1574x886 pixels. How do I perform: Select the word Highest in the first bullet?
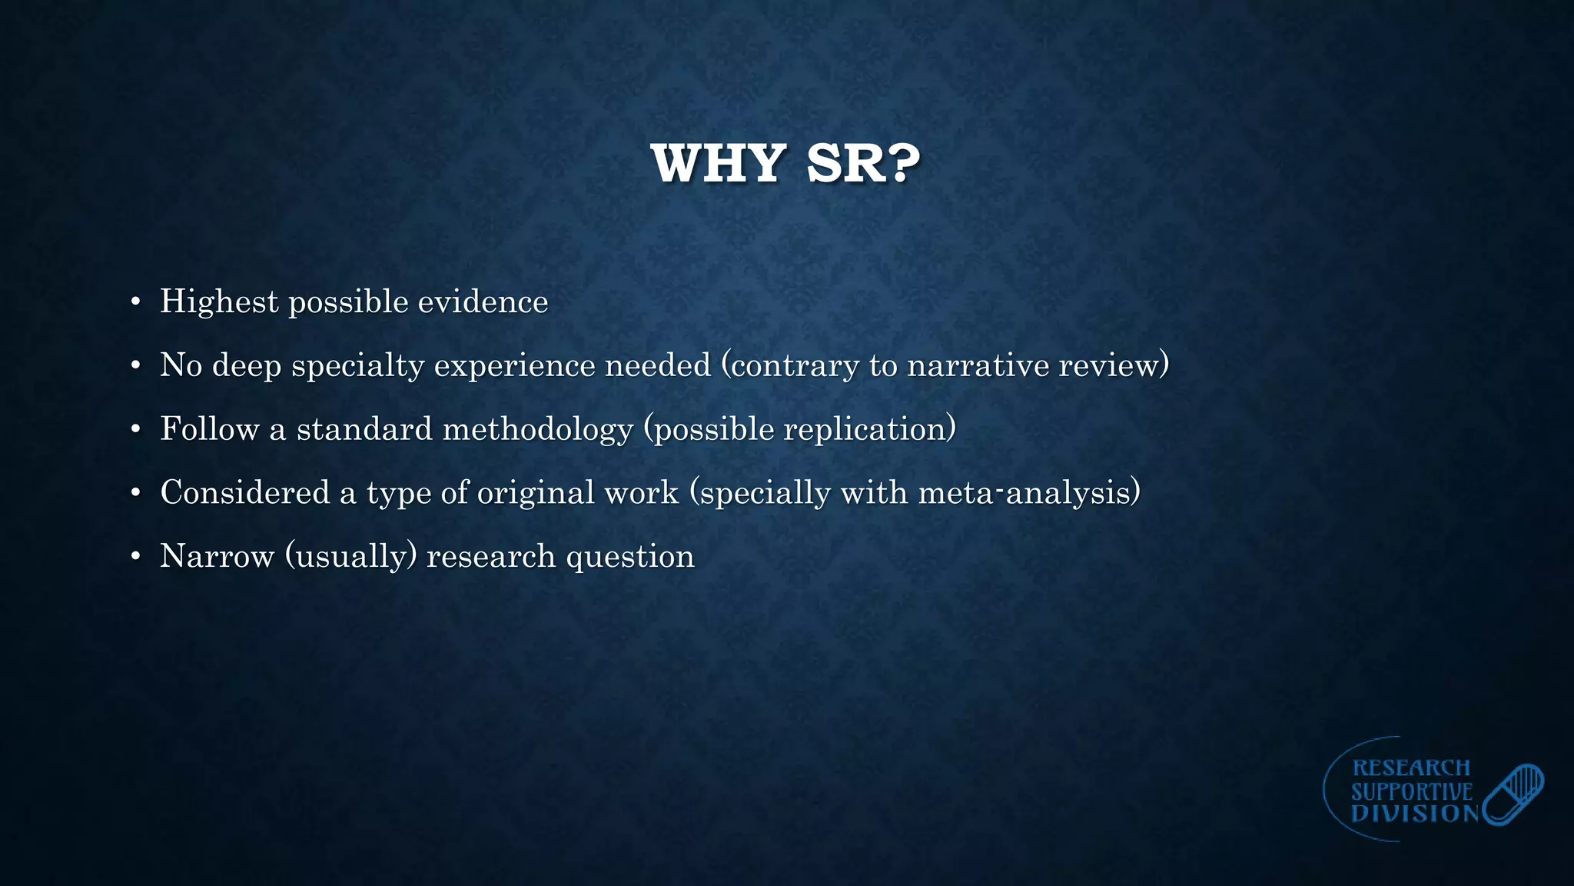point(218,301)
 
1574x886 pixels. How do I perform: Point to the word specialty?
point(357,365)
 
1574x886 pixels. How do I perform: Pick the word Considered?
point(244,492)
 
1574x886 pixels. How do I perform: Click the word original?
point(536,492)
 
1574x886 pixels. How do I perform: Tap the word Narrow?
point(217,556)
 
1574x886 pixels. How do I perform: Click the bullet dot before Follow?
point(135,429)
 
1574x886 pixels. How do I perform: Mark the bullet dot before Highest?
point(135,301)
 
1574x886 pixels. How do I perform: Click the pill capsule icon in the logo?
point(1513,794)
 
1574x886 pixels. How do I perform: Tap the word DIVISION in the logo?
point(1415,814)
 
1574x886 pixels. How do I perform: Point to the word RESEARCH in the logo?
point(1411,768)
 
